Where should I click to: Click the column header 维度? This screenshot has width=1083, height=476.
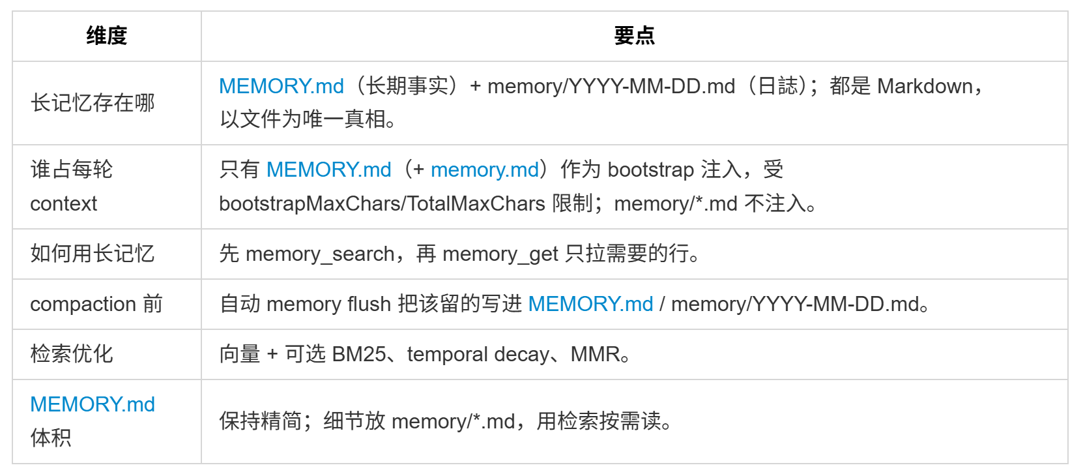(107, 36)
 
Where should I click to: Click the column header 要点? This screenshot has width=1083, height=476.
(634, 36)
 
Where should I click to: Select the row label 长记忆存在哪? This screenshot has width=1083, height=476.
(93, 103)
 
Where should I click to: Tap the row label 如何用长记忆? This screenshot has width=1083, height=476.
(93, 254)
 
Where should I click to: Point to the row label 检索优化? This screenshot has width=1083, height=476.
(72, 354)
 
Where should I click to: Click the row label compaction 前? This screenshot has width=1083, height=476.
(96, 304)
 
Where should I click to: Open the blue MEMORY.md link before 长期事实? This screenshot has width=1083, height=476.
(281, 86)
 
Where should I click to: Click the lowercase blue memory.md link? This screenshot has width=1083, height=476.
(485, 170)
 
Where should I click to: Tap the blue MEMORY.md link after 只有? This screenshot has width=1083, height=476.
(328, 170)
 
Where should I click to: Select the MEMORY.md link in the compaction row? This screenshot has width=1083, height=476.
(590, 304)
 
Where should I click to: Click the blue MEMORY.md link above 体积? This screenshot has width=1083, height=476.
(93, 404)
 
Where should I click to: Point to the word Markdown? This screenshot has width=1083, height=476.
(925, 86)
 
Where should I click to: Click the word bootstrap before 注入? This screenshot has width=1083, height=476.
(650, 170)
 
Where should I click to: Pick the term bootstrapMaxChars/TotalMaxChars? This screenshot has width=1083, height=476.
(382, 203)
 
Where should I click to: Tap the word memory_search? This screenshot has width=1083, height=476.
(320, 254)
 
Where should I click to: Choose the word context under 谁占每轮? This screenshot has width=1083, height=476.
(64, 203)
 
